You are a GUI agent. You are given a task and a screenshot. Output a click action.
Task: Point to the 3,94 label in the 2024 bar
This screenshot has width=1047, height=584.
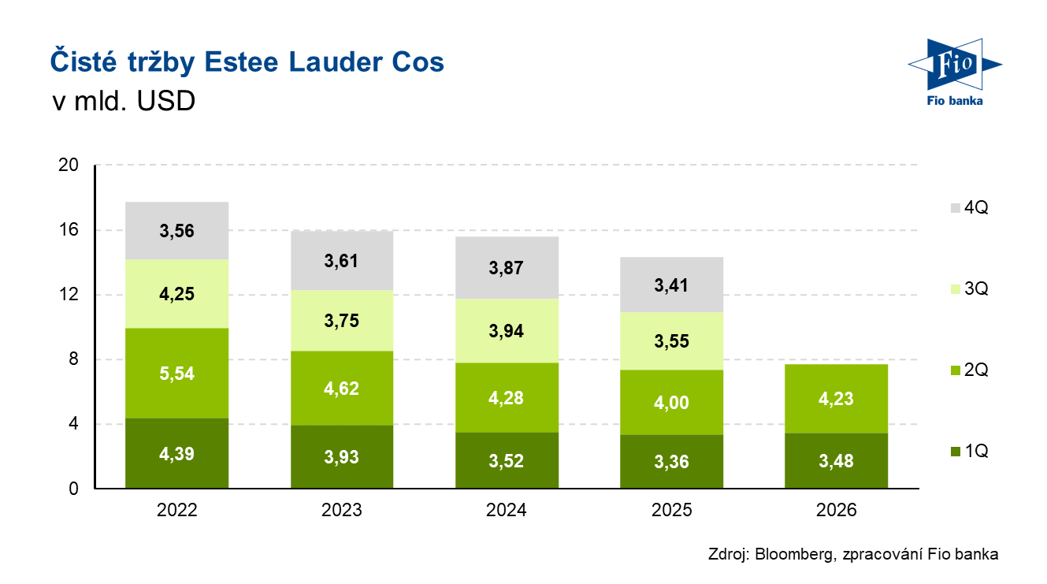point(506,331)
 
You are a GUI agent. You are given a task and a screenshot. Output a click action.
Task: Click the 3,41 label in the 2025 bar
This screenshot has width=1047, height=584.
point(671,285)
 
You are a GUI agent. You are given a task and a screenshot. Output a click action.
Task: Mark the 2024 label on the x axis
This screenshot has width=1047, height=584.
point(506,510)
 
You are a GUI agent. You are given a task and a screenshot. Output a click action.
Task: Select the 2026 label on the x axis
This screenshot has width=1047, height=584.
point(836,510)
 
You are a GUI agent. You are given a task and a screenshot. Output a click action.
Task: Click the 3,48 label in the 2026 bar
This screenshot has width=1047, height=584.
point(837,461)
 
